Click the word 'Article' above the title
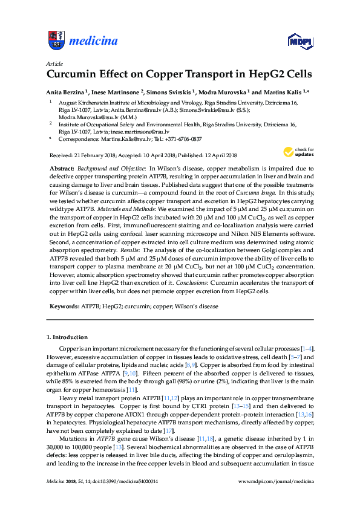point(53,63)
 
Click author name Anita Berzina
point(67,92)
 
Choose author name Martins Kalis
point(283,92)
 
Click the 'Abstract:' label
point(61,166)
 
